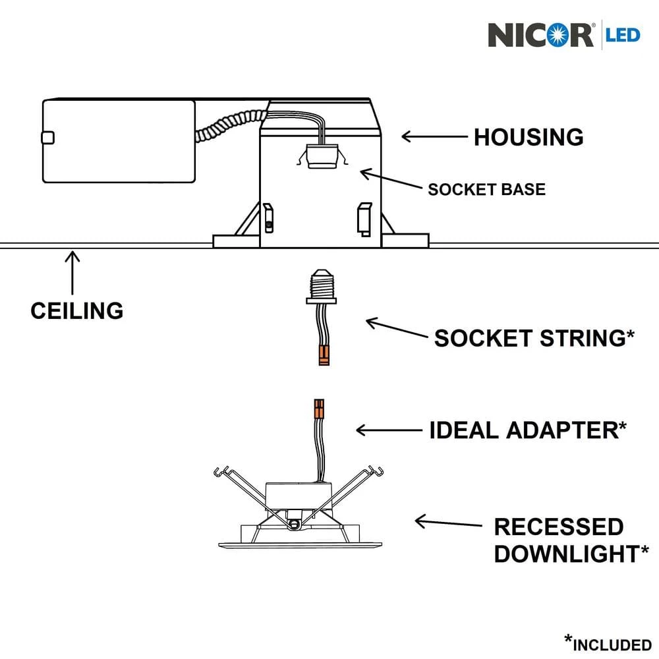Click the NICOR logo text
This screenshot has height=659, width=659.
540,34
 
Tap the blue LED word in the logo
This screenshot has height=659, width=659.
623,34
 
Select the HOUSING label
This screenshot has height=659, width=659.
529,137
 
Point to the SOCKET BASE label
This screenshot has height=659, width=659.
486,190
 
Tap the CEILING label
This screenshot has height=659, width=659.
76,310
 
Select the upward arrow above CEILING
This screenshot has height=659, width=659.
72,270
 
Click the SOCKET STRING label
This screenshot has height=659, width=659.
529,338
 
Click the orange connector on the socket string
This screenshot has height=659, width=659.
322,357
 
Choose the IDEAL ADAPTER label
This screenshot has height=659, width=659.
524,430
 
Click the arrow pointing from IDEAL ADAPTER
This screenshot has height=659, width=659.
389,430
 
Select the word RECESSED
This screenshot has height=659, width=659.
558,527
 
